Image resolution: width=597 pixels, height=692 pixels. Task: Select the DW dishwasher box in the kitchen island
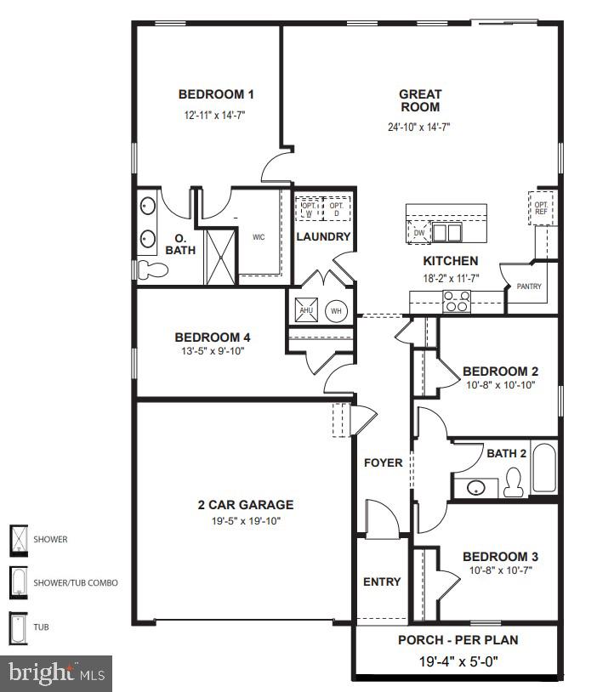click(x=418, y=232)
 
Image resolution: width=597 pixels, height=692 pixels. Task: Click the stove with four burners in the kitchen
click(x=457, y=298)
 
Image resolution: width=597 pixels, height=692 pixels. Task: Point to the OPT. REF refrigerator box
click(x=541, y=208)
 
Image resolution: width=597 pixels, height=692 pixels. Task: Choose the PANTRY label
click(x=529, y=287)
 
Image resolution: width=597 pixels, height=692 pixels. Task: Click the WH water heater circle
click(x=336, y=311)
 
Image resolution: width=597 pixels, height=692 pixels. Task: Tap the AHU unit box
click(x=306, y=310)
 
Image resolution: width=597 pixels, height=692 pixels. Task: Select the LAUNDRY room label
click(x=323, y=237)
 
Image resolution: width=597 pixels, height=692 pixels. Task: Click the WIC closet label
click(x=259, y=237)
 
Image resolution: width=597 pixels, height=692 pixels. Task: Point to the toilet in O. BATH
click(x=153, y=270)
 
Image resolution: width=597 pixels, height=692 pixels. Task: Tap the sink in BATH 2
click(x=475, y=488)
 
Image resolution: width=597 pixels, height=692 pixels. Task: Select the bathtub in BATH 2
click(x=544, y=468)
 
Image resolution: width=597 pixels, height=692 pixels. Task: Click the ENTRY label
click(x=382, y=582)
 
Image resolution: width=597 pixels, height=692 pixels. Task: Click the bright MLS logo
click(x=56, y=673)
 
